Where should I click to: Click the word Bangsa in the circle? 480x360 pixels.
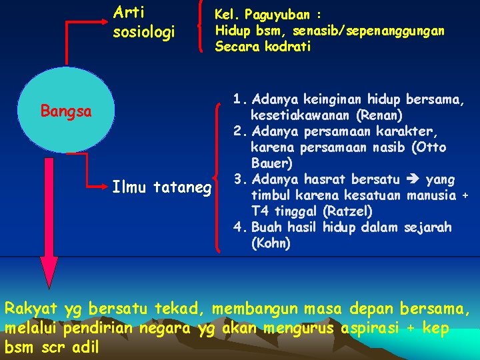click(66, 111)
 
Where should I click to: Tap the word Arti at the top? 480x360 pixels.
click(129, 12)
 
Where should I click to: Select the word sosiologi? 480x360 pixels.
click(144, 31)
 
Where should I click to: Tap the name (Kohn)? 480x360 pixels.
click(271, 243)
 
